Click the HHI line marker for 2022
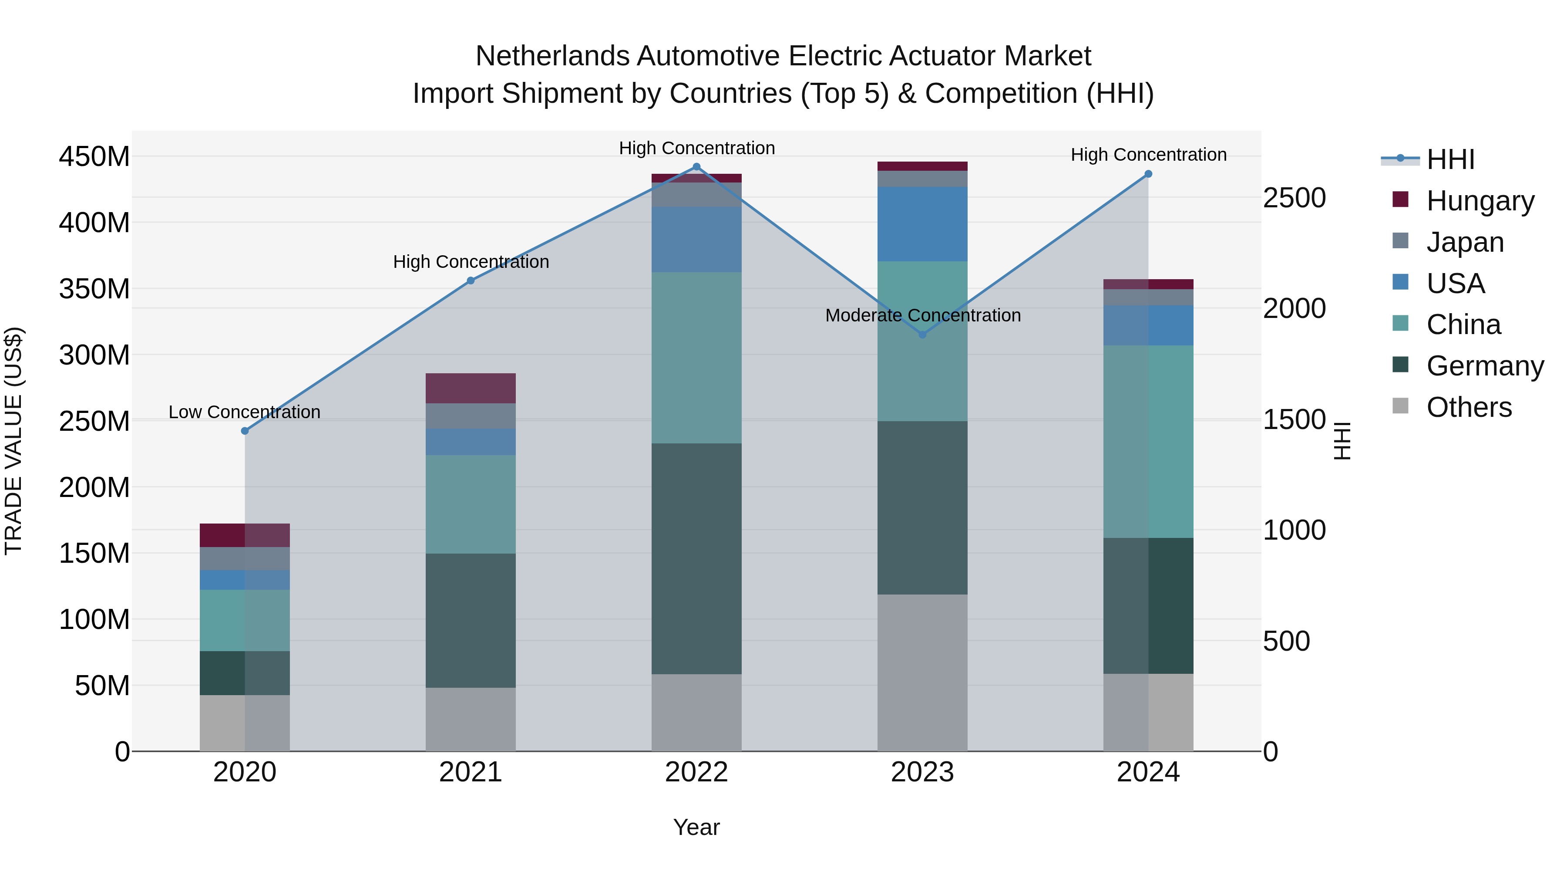696,167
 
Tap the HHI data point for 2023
922,335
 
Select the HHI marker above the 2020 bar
245,431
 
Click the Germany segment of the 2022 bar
696,558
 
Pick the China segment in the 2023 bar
922,341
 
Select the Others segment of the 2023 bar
922,672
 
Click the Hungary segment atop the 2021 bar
470,389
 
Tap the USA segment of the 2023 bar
922,224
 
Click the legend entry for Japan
1464,242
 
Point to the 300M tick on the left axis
94,355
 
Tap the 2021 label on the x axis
470,772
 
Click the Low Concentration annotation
245,412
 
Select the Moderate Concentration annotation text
922,315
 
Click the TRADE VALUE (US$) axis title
14,441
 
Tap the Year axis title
696,827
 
